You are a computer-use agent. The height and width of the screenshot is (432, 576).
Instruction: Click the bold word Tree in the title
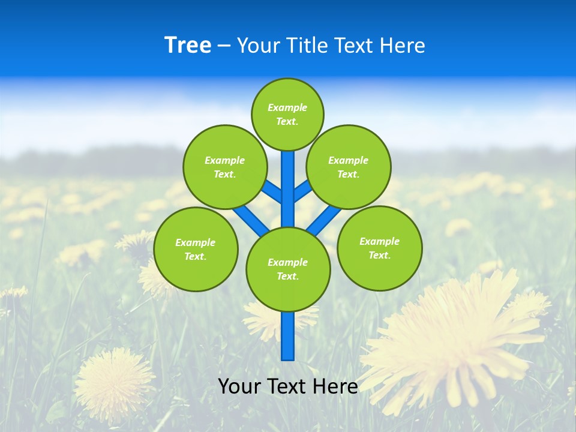coord(188,46)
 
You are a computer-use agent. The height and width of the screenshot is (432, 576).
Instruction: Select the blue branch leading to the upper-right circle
coord(303,191)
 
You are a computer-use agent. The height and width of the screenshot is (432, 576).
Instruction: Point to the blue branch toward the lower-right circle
coord(324,220)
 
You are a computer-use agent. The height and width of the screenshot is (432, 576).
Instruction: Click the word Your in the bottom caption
coord(239,386)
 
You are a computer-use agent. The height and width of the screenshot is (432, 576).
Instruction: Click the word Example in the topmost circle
coord(287,108)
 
